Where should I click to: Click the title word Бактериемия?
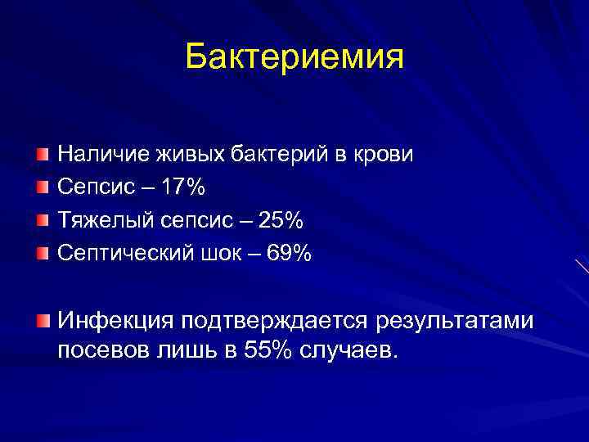click(x=294, y=56)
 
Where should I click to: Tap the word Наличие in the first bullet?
click(x=95, y=155)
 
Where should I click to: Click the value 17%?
click(x=184, y=187)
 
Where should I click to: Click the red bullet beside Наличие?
click(x=43, y=154)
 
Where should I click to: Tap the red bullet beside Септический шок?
click(x=43, y=254)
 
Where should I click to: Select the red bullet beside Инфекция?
click(x=43, y=318)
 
